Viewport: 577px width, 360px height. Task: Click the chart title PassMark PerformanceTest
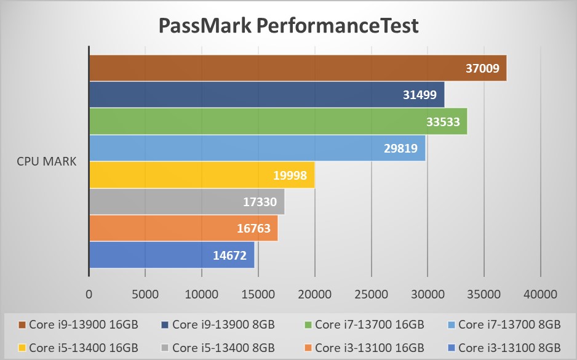pos(288,26)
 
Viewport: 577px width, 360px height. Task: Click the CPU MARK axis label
pos(47,162)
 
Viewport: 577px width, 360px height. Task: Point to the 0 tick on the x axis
pos(89,294)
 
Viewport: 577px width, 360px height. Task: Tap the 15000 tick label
pos(258,294)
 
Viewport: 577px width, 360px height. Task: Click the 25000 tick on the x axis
pos(372,294)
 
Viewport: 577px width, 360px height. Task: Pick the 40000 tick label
pos(541,294)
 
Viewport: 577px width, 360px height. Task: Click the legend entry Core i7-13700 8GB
pos(509,324)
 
